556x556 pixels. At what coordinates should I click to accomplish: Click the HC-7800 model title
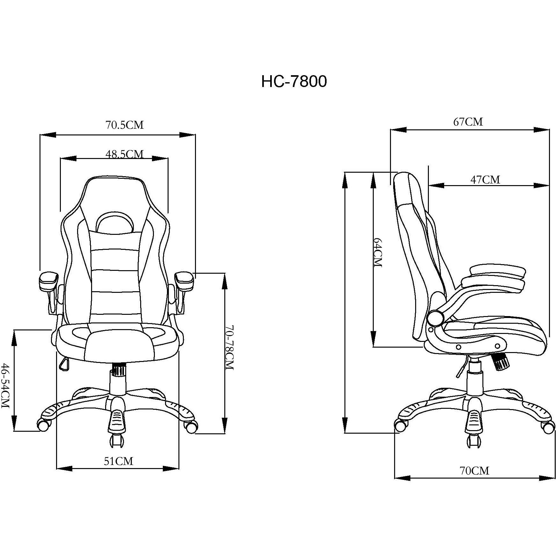[x=294, y=82]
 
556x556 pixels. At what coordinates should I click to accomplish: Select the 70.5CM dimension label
[x=125, y=125]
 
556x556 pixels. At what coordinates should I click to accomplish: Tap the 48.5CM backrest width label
[x=125, y=154]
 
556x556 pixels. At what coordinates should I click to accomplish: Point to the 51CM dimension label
[x=118, y=461]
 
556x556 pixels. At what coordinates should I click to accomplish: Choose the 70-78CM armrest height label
[x=229, y=348]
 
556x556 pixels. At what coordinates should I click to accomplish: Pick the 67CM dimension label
[x=468, y=122]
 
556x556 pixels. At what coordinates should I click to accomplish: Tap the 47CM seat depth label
[x=485, y=180]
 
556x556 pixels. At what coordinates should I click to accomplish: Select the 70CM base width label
[x=474, y=470]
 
